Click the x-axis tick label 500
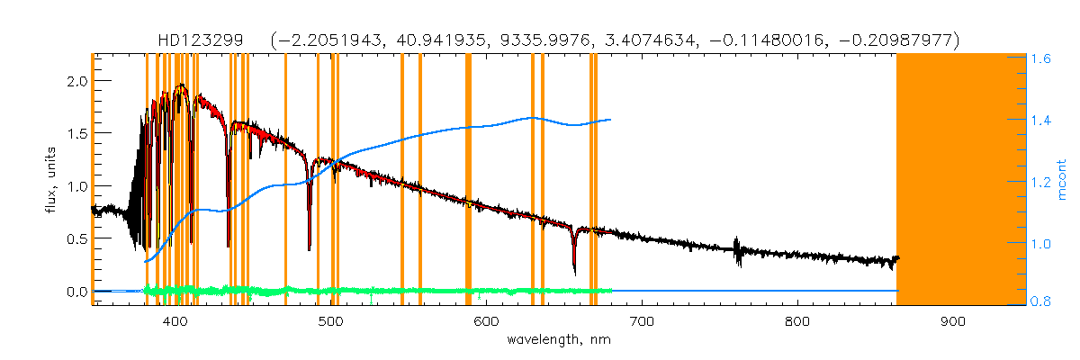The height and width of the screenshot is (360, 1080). (x=330, y=321)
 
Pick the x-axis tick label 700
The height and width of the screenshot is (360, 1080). (x=642, y=321)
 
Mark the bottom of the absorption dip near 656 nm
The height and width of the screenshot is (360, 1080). (x=574, y=272)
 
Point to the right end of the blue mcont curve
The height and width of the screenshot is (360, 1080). (x=611, y=119)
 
